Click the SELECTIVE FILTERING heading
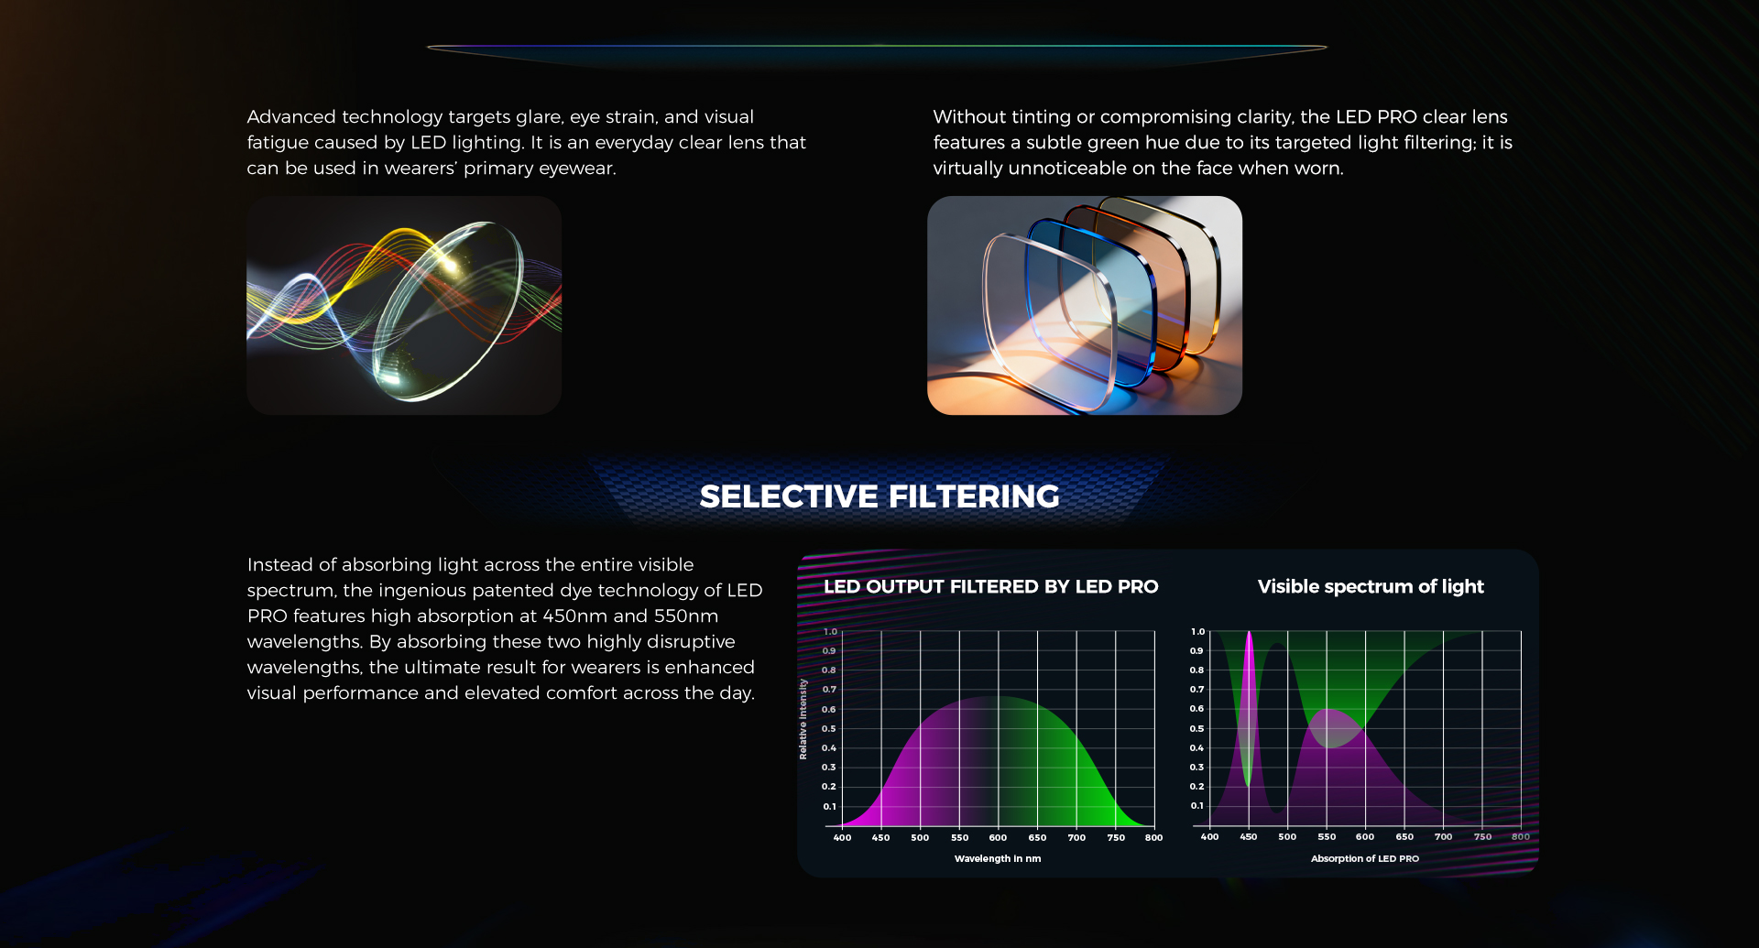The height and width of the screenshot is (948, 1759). [879, 496]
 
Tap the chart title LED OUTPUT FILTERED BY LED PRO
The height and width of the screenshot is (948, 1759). [991, 586]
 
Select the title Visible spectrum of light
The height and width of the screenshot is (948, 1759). [1371, 586]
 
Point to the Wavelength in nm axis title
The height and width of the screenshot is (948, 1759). [998, 858]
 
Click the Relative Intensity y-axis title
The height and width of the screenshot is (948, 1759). [803, 719]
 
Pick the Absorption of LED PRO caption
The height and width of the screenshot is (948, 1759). [1365, 858]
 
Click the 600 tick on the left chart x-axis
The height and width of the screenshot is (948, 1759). [999, 837]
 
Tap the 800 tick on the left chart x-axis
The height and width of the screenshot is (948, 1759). [1154, 837]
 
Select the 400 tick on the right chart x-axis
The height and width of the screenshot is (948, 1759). [1209, 836]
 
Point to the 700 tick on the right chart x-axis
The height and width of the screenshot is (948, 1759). [1444, 836]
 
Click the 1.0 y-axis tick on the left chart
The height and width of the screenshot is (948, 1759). [830, 632]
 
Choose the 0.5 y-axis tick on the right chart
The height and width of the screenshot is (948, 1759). [1196, 729]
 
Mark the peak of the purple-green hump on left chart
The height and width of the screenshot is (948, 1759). [999, 697]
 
